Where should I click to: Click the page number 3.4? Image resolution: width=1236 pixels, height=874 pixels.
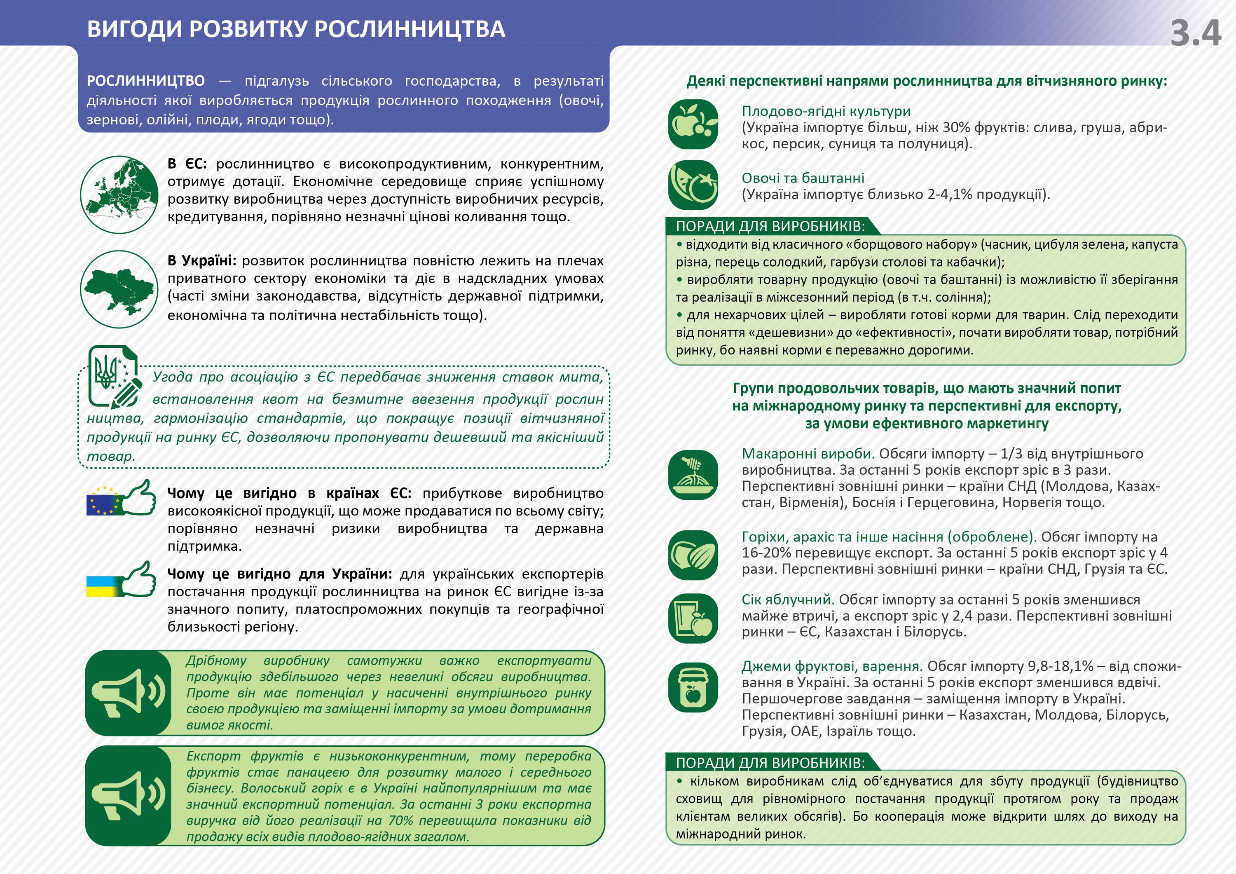(x=1195, y=33)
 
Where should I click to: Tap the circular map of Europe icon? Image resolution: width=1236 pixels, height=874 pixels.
(x=119, y=194)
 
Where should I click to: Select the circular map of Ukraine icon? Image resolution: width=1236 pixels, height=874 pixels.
(x=119, y=289)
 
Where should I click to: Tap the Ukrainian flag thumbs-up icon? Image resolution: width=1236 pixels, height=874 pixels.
(x=122, y=579)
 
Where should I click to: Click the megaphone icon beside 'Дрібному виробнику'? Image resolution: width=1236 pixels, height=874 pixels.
(x=128, y=693)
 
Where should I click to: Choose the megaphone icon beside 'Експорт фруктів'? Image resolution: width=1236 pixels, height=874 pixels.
(x=128, y=795)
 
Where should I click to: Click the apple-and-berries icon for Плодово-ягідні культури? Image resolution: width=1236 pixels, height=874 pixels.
(x=693, y=124)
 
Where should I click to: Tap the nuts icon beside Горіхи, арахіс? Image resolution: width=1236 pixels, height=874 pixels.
(x=693, y=555)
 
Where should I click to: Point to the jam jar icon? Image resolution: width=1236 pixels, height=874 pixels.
(x=693, y=688)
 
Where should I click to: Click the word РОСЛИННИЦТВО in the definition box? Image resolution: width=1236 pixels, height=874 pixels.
(x=146, y=81)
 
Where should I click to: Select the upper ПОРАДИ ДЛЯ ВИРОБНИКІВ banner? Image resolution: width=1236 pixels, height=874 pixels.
(x=770, y=226)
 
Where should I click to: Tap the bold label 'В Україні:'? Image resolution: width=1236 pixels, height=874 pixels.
(x=201, y=261)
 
